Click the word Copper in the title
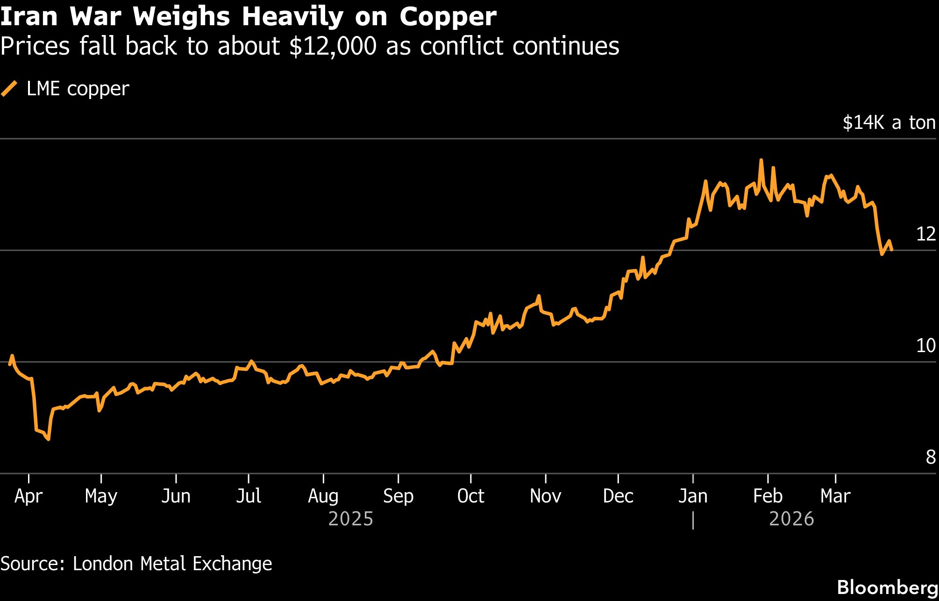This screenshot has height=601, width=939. [x=448, y=17]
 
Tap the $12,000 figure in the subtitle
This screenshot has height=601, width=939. [x=333, y=46]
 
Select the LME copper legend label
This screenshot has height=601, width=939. [x=78, y=89]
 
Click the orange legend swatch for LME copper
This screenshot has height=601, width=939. [x=9, y=89]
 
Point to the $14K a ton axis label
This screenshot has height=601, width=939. [x=889, y=122]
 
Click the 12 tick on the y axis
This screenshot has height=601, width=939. [x=925, y=234]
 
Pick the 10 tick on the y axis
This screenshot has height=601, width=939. [x=925, y=346]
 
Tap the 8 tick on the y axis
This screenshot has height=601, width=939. [x=930, y=457]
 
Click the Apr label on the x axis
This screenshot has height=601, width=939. [x=28, y=496]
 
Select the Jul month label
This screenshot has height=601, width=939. [x=248, y=496]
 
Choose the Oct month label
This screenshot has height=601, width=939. [x=470, y=496]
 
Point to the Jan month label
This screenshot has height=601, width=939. [x=693, y=496]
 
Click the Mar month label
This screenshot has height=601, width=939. [x=835, y=496]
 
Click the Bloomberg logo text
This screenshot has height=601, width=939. [x=887, y=587]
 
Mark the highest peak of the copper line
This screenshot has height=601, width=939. [x=761, y=160]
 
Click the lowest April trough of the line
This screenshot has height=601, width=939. [x=49, y=439]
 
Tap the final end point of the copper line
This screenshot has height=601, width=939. [x=892, y=250]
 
